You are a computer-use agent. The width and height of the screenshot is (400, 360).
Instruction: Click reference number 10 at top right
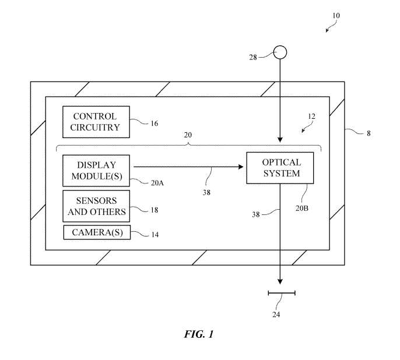click(x=336, y=16)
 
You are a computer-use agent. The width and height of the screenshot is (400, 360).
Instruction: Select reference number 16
click(x=155, y=123)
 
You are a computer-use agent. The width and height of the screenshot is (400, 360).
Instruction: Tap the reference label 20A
click(x=157, y=183)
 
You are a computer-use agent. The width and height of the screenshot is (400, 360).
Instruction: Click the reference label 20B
click(x=302, y=209)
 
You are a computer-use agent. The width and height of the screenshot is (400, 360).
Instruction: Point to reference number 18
click(x=155, y=210)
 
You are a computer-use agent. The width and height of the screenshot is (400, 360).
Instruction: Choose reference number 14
click(x=155, y=234)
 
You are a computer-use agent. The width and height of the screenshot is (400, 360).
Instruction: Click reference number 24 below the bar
click(x=276, y=315)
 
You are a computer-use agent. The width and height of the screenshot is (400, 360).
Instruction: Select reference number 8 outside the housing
click(x=369, y=133)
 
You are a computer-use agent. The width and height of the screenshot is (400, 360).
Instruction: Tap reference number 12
click(x=311, y=117)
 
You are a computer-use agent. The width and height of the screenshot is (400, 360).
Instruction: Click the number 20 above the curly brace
click(x=188, y=135)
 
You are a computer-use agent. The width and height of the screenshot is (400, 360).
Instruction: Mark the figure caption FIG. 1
click(x=199, y=334)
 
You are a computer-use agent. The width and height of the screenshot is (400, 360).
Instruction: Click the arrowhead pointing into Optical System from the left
click(x=241, y=167)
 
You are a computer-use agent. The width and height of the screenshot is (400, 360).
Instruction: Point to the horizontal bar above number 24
click(x=282, y=293)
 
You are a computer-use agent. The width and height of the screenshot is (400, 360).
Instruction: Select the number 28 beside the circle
click(x=253, y=57)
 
